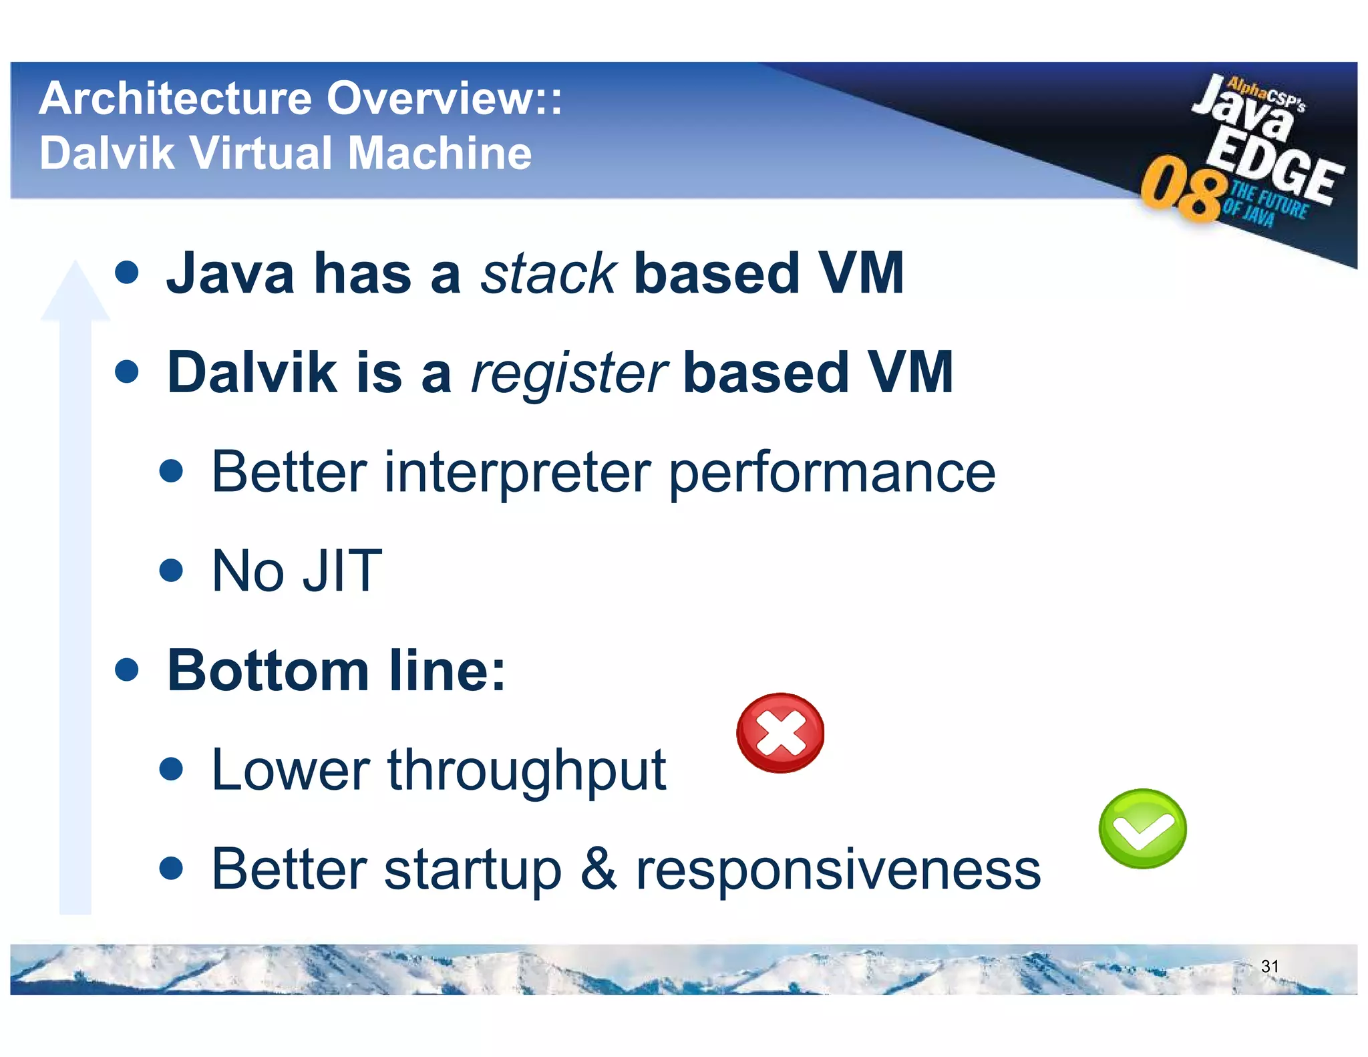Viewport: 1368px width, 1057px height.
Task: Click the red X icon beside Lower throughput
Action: [780, 733]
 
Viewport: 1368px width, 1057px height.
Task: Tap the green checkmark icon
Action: [1142, 828]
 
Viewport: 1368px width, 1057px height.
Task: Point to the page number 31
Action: [1269, 966]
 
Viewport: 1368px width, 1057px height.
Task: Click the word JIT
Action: [342, 571]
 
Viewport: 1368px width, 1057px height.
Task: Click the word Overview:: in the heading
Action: [444, 99]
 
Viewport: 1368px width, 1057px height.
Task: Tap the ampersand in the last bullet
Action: [598, 869]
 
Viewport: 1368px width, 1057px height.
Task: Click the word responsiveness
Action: [838, 870]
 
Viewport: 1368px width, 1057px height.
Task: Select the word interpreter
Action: [517, 472]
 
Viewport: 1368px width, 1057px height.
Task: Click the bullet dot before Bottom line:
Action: [126, 669]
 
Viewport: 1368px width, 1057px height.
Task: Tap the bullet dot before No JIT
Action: [172, 570]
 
